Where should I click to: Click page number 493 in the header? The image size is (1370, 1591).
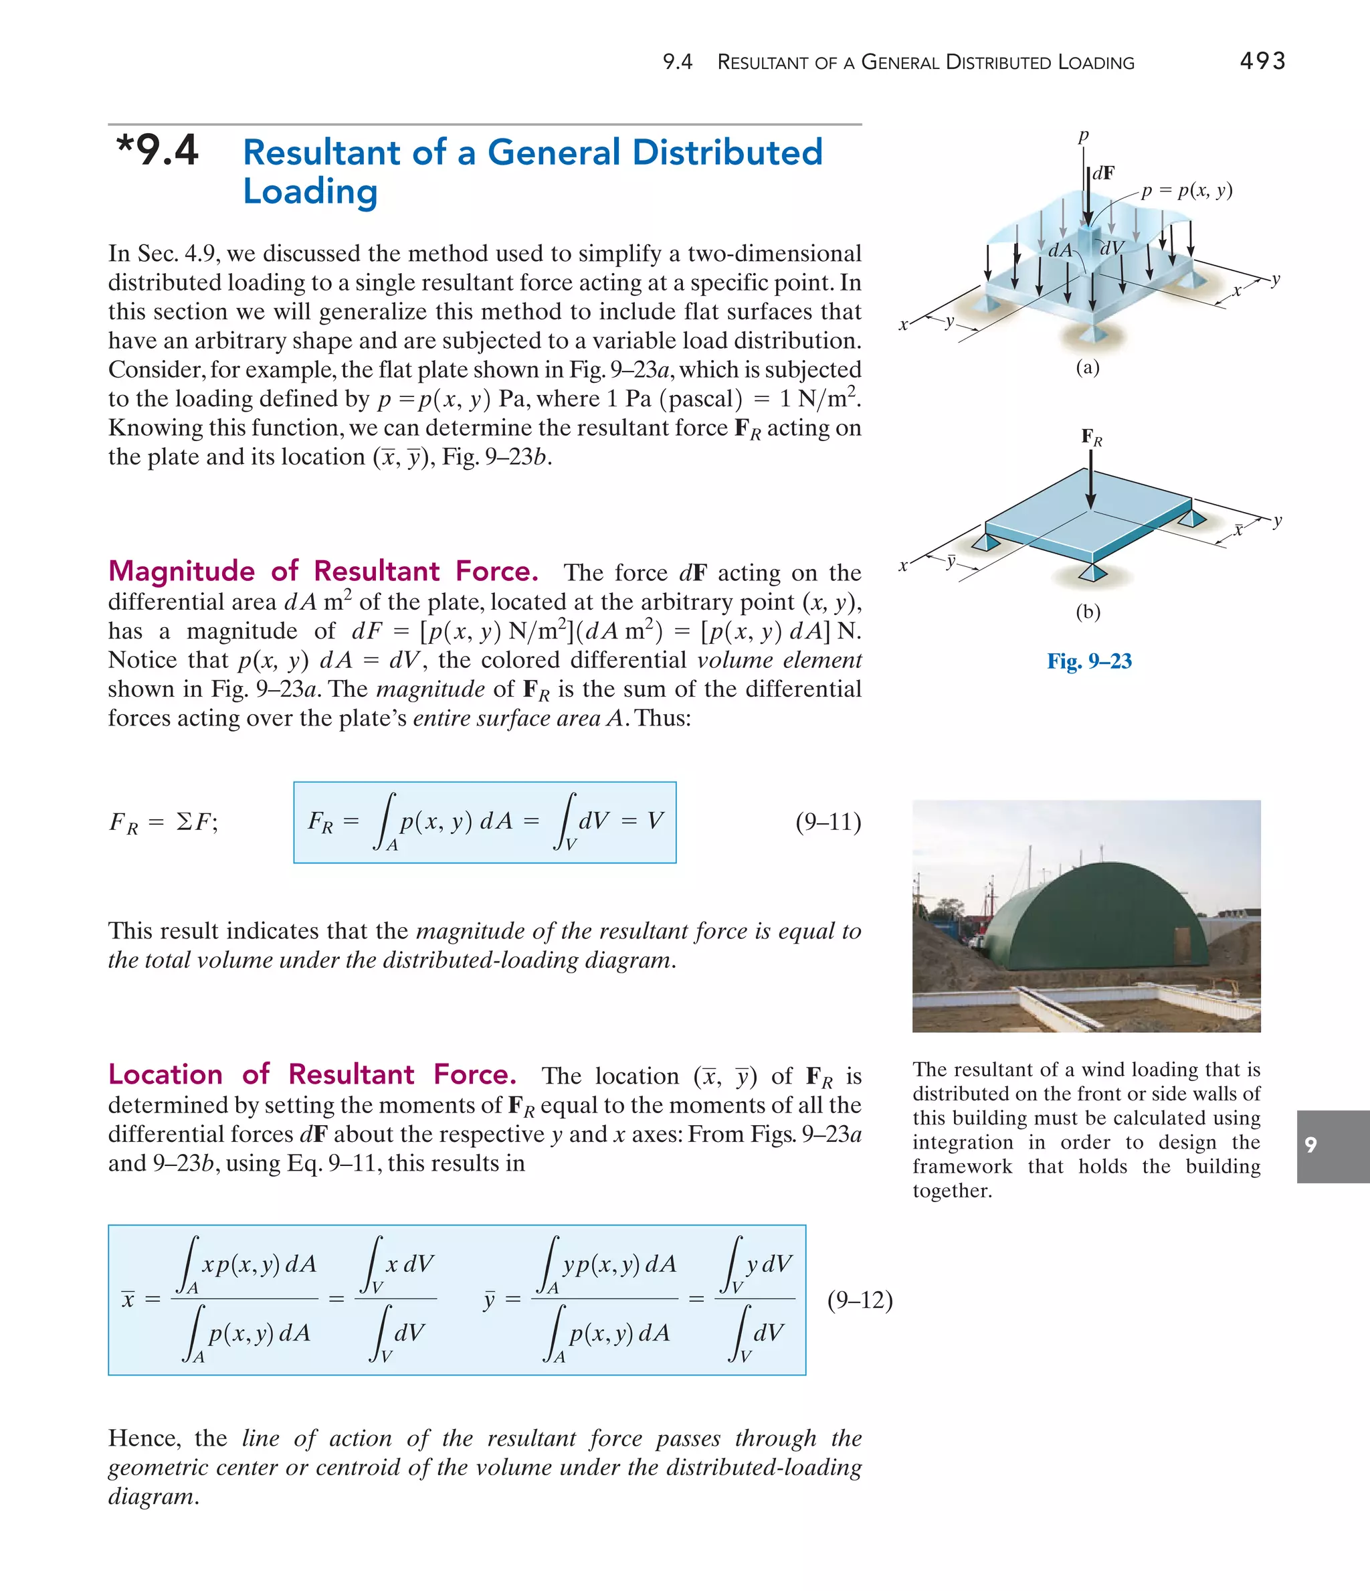[x=1262, y=61]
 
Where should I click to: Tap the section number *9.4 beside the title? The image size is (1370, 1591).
[x=157, y=151]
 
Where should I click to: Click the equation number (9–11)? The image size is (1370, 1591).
[x=828, y=823]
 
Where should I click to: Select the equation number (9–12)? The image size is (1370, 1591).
[x=860, y=1300]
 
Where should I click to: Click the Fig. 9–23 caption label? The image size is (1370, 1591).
[x=1088, y=661]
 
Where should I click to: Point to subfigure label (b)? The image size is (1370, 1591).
[x=1087, y=612]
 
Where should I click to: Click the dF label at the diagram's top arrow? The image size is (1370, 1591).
[x=1104, y=173]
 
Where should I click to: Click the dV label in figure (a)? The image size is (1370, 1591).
[x=1111, y=248]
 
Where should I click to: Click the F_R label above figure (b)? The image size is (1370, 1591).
[x=1090, y=438]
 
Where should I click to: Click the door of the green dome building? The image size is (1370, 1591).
[x=1181, y=944]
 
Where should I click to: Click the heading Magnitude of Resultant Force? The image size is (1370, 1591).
[x=322, y=572]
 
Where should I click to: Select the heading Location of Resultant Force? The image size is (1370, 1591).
[x=312, y=1074]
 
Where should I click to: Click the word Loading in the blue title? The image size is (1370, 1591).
[x=310, y=191]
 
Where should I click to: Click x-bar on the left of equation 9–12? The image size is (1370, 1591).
[x=128, y=1300]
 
